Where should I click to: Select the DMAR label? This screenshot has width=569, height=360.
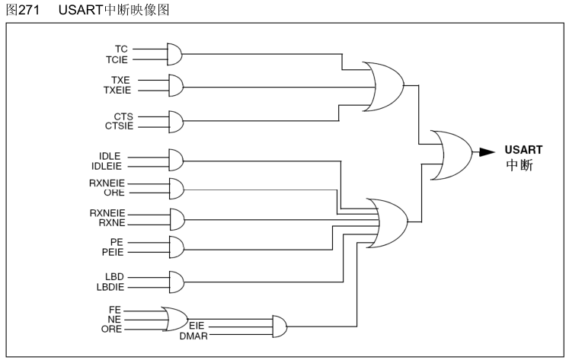(193, 335)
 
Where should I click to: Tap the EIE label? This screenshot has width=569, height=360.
(197, 325)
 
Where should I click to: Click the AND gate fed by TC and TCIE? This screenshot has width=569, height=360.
(174, 54)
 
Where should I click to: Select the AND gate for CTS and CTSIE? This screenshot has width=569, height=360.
(174, 120)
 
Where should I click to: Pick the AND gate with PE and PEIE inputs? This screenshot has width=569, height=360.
(174, 247)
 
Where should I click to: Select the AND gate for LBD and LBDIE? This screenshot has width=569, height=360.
(174, 282)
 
